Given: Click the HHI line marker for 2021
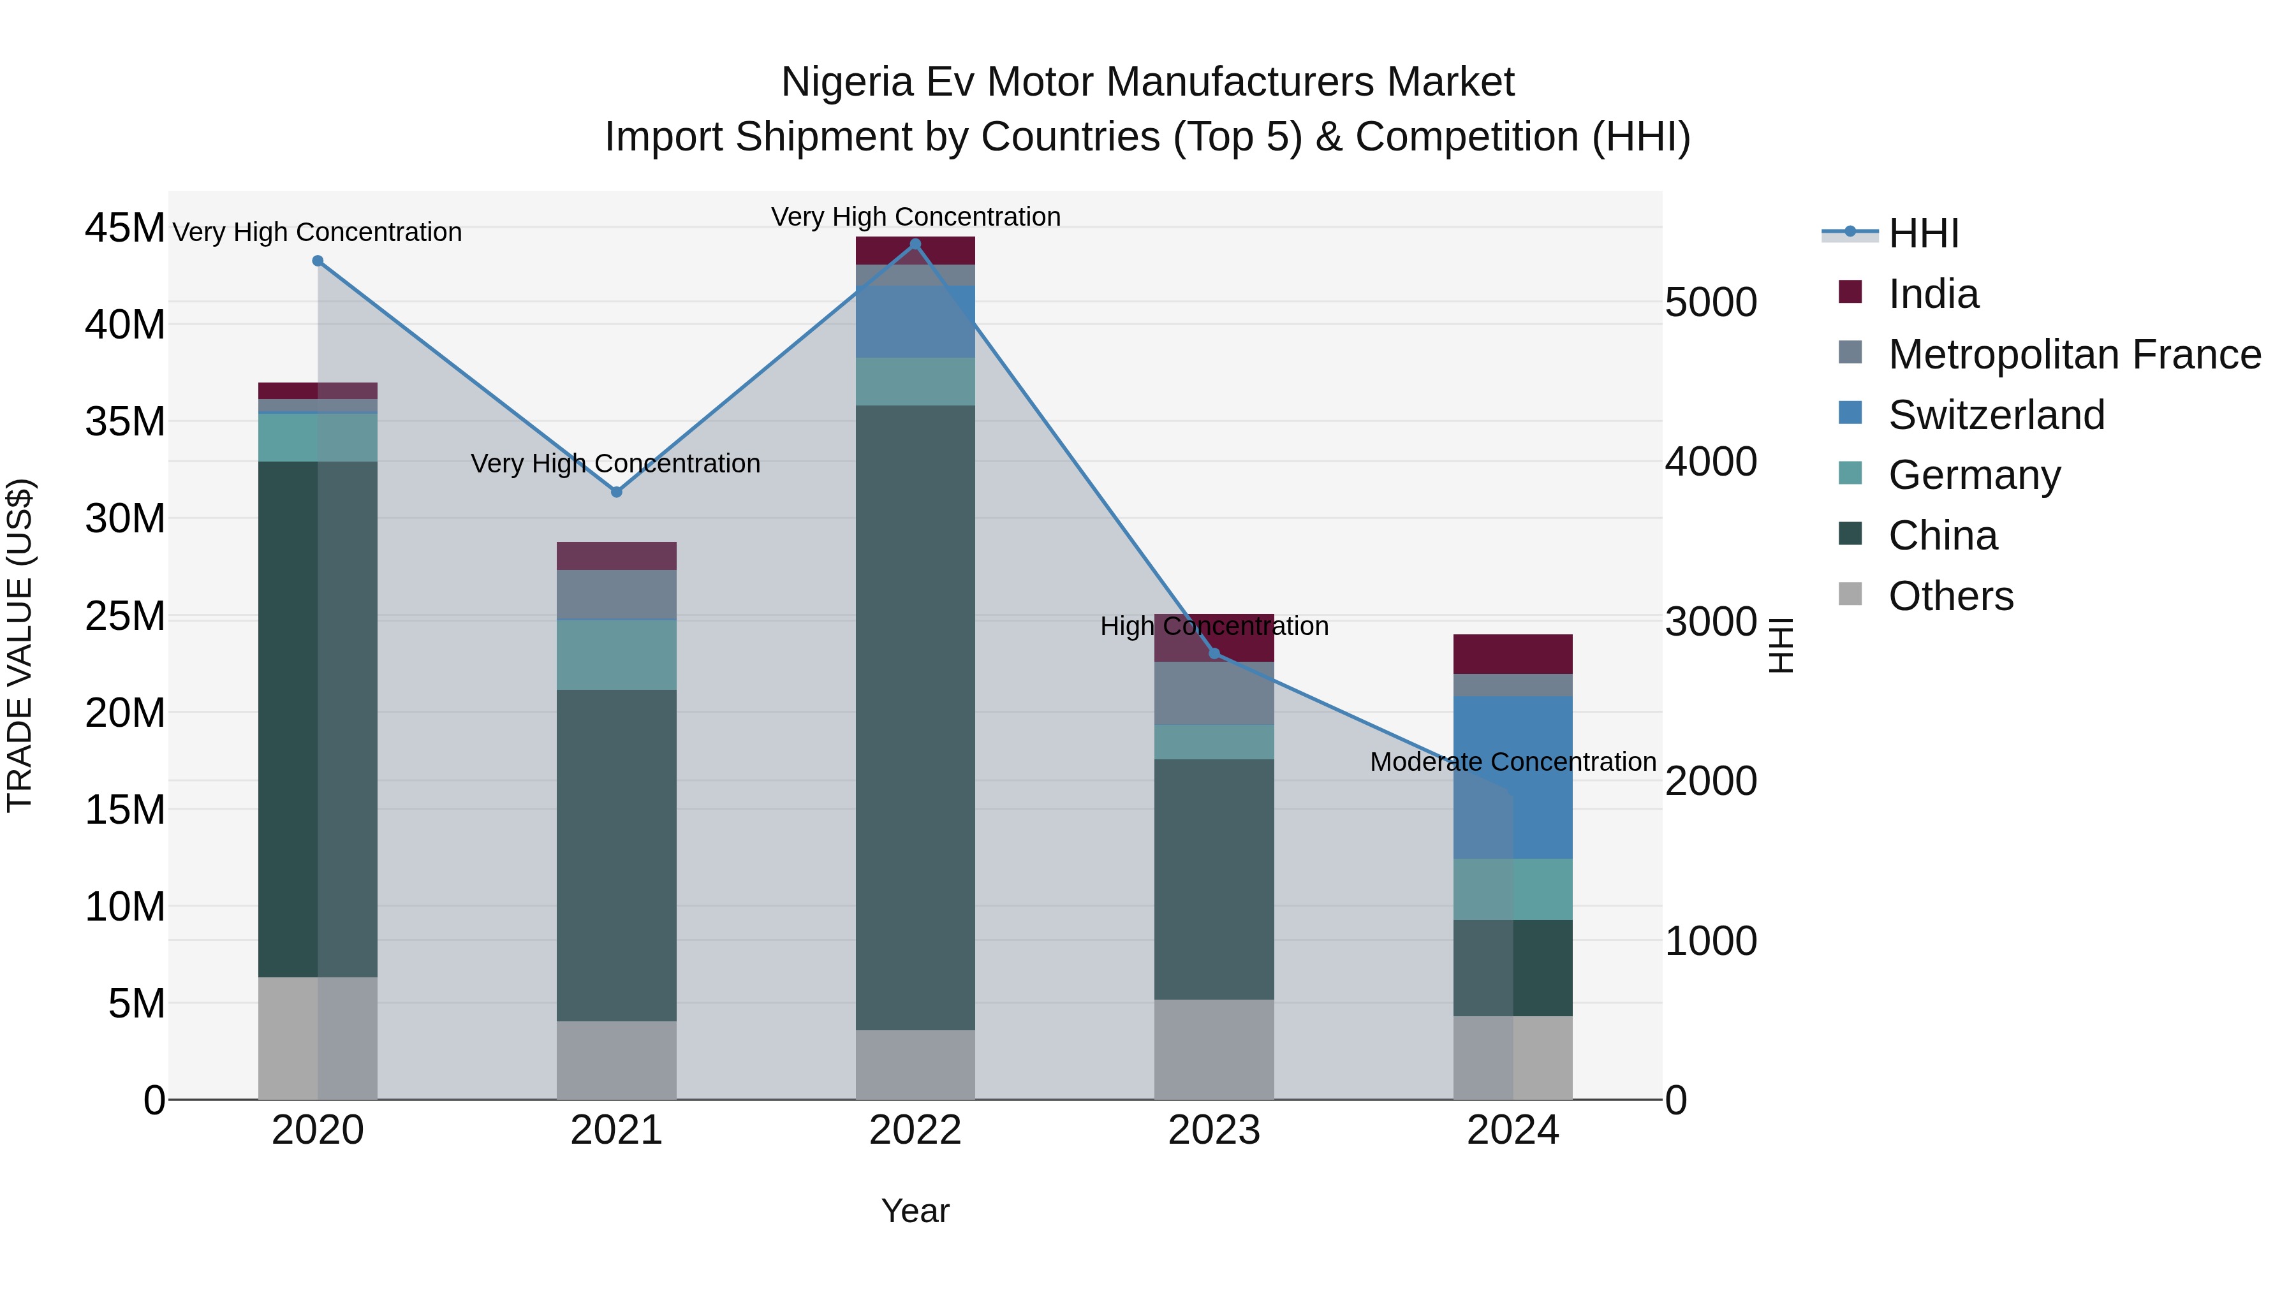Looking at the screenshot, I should (616, 492).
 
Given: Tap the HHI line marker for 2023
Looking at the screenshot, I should (1214, 654).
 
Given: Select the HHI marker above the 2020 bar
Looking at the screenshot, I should (318, 261).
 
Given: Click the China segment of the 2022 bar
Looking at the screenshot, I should (915, 717).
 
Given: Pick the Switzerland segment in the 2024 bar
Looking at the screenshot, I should (1513, 777).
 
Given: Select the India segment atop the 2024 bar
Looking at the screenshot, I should (1513, 654).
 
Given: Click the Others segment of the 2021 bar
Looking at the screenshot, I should (616, 1060).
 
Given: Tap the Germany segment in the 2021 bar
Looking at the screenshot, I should (616, 655).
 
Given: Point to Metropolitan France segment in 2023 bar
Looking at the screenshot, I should (1214, 693).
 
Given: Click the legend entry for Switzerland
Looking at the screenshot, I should (1996, 415).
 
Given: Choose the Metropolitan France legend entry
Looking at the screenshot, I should (2073, 354).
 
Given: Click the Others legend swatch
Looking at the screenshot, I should (1850, 594).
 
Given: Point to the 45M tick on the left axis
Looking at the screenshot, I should (125, 228).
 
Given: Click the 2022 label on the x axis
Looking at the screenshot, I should (915, 1130).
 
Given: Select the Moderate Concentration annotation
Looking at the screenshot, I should (1513, 762).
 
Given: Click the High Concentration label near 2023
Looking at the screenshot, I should (1214, 625).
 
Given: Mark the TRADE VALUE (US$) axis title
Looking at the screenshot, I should (20, 645).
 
